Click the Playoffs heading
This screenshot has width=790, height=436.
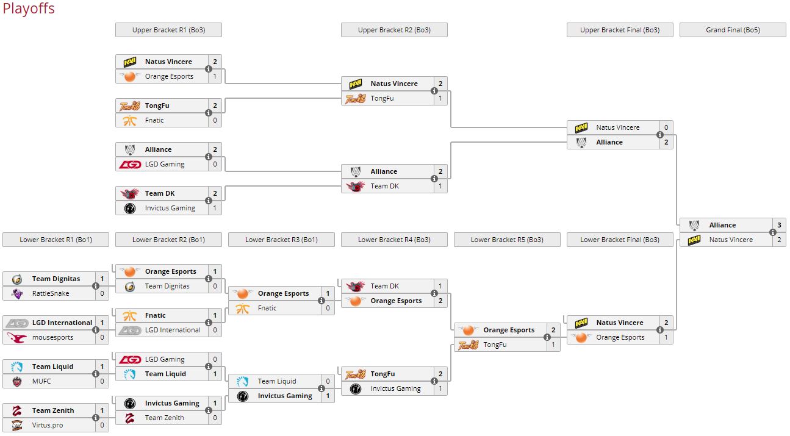(x=28, y=9)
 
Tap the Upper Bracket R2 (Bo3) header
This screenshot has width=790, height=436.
(x=394, y=30)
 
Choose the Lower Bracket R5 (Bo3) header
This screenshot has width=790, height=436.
(x=507, y=240)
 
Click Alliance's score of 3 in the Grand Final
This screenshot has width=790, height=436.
(x=779, y=225)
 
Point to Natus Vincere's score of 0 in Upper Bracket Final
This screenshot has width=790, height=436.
(x=666, y=127)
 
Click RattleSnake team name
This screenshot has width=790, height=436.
(x=51, y=293)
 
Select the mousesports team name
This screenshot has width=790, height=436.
(x=52, y=337)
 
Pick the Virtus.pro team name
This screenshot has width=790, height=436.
(x=48, y=425)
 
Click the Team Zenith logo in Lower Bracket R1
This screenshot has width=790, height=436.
(x=17, y=410)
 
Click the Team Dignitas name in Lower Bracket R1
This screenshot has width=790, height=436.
(x=56, y=279)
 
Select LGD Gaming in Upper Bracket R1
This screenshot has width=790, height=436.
(x=165, y=164)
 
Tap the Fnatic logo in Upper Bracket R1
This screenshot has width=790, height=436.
(x=130, y=120)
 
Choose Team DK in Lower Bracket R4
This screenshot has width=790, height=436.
(x=384, y=286)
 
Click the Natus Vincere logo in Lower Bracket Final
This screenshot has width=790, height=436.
(x=581, y=323)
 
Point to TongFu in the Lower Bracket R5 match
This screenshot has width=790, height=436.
(x=495, y=345)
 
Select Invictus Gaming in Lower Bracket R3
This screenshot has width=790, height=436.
(x=285, y=396)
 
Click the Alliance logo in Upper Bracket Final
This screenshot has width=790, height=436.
(x=581, y=142)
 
